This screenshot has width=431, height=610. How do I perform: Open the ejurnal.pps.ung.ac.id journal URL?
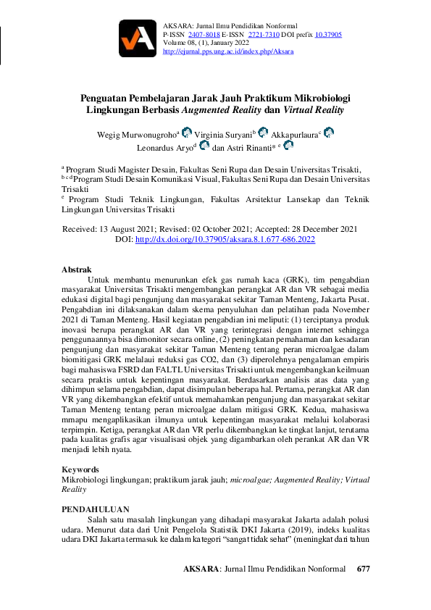tap(228, 52)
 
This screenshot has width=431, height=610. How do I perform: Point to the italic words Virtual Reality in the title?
tap(313, 111)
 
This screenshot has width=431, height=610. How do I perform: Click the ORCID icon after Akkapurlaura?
tap(329, 133)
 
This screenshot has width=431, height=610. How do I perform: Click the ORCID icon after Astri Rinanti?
tap(288, 146)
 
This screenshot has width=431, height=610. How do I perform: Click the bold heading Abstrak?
tap(77, 270)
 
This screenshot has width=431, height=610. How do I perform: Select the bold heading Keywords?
tap(80, 469)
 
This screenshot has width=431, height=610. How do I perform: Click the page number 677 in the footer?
tap(364, 569)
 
